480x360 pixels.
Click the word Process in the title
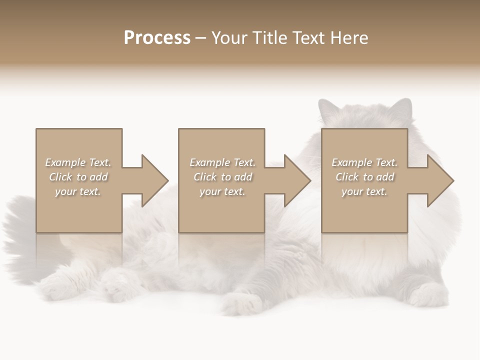157,37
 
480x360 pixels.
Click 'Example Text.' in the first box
78,162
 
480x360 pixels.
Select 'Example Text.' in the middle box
222,162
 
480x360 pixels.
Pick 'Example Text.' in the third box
364,162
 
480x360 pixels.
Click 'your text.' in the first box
78,191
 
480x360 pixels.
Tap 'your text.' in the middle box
222,191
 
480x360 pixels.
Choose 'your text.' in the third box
364,191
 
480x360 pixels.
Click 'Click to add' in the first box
78,177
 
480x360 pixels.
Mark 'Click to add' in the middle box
222,177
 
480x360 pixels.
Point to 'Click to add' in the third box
364,177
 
